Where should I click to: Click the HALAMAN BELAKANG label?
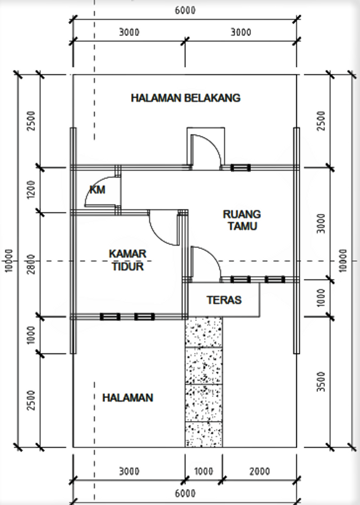point(185,98)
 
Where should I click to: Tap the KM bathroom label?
point(97,190)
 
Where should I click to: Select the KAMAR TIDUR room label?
point(127,260)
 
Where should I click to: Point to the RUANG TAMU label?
point(242,220)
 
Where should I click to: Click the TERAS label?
point(224,300)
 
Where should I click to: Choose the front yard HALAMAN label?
point(128,398)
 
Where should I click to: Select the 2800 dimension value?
point(31,264)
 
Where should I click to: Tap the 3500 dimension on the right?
point(321,382)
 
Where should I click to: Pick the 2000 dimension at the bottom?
point(260,471)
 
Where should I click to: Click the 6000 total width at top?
point(185,10)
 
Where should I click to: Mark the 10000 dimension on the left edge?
point(9,260)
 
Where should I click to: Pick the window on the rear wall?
point(240,168)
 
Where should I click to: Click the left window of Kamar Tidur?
point(110,317)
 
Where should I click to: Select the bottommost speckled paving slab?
point(203,434)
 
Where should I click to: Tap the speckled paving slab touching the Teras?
point(203,332)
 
